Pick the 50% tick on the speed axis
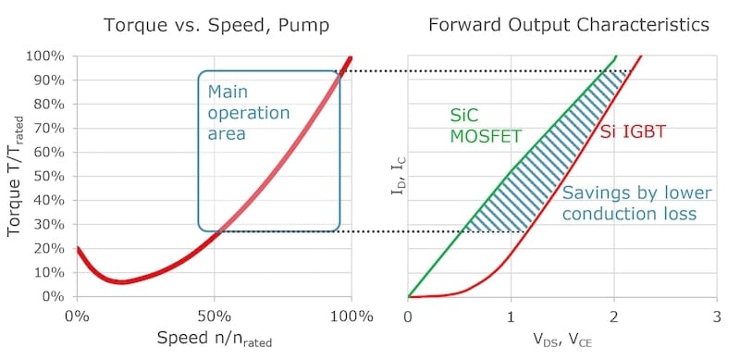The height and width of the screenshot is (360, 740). [215, 317]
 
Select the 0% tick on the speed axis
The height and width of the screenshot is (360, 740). [77, 317]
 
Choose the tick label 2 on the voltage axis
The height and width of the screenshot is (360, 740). [614, 317]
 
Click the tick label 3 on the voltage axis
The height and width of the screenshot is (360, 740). [717, 317]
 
